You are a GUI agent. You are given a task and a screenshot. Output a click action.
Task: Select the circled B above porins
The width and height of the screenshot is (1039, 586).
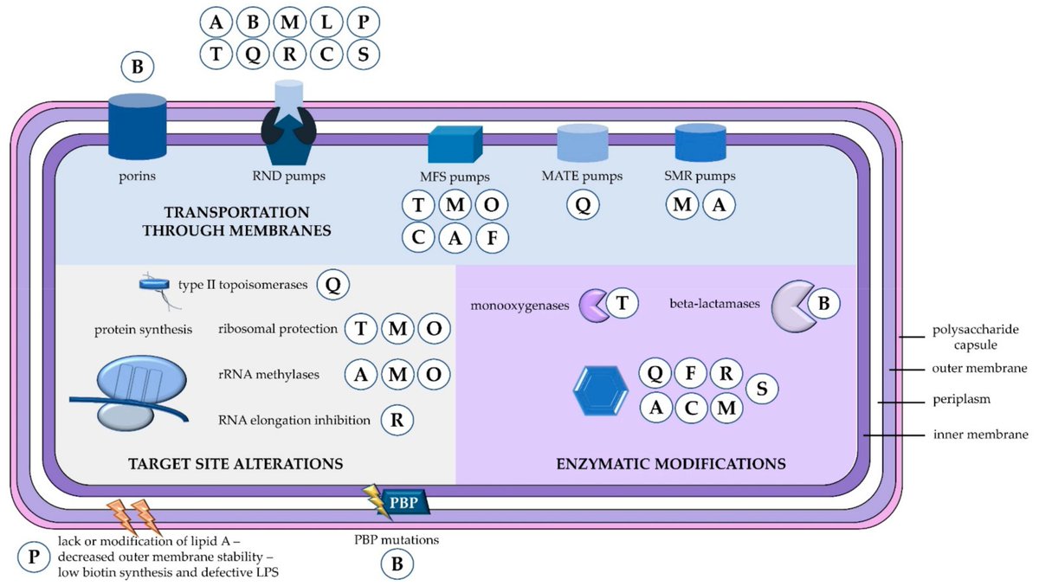coord(138,66)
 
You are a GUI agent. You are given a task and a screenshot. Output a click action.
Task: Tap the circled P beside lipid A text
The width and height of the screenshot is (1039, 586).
coord(34,555)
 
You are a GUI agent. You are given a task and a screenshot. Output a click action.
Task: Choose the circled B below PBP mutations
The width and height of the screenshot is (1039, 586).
coord(397,564)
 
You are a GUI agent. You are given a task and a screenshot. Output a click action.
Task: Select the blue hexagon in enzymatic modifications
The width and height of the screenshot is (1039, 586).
coord(602,391)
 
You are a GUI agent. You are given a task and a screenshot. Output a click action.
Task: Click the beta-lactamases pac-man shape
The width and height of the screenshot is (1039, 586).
coord(791,304)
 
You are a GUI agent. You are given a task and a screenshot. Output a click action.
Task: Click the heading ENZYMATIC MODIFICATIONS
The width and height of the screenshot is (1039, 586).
coord(670,464)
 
